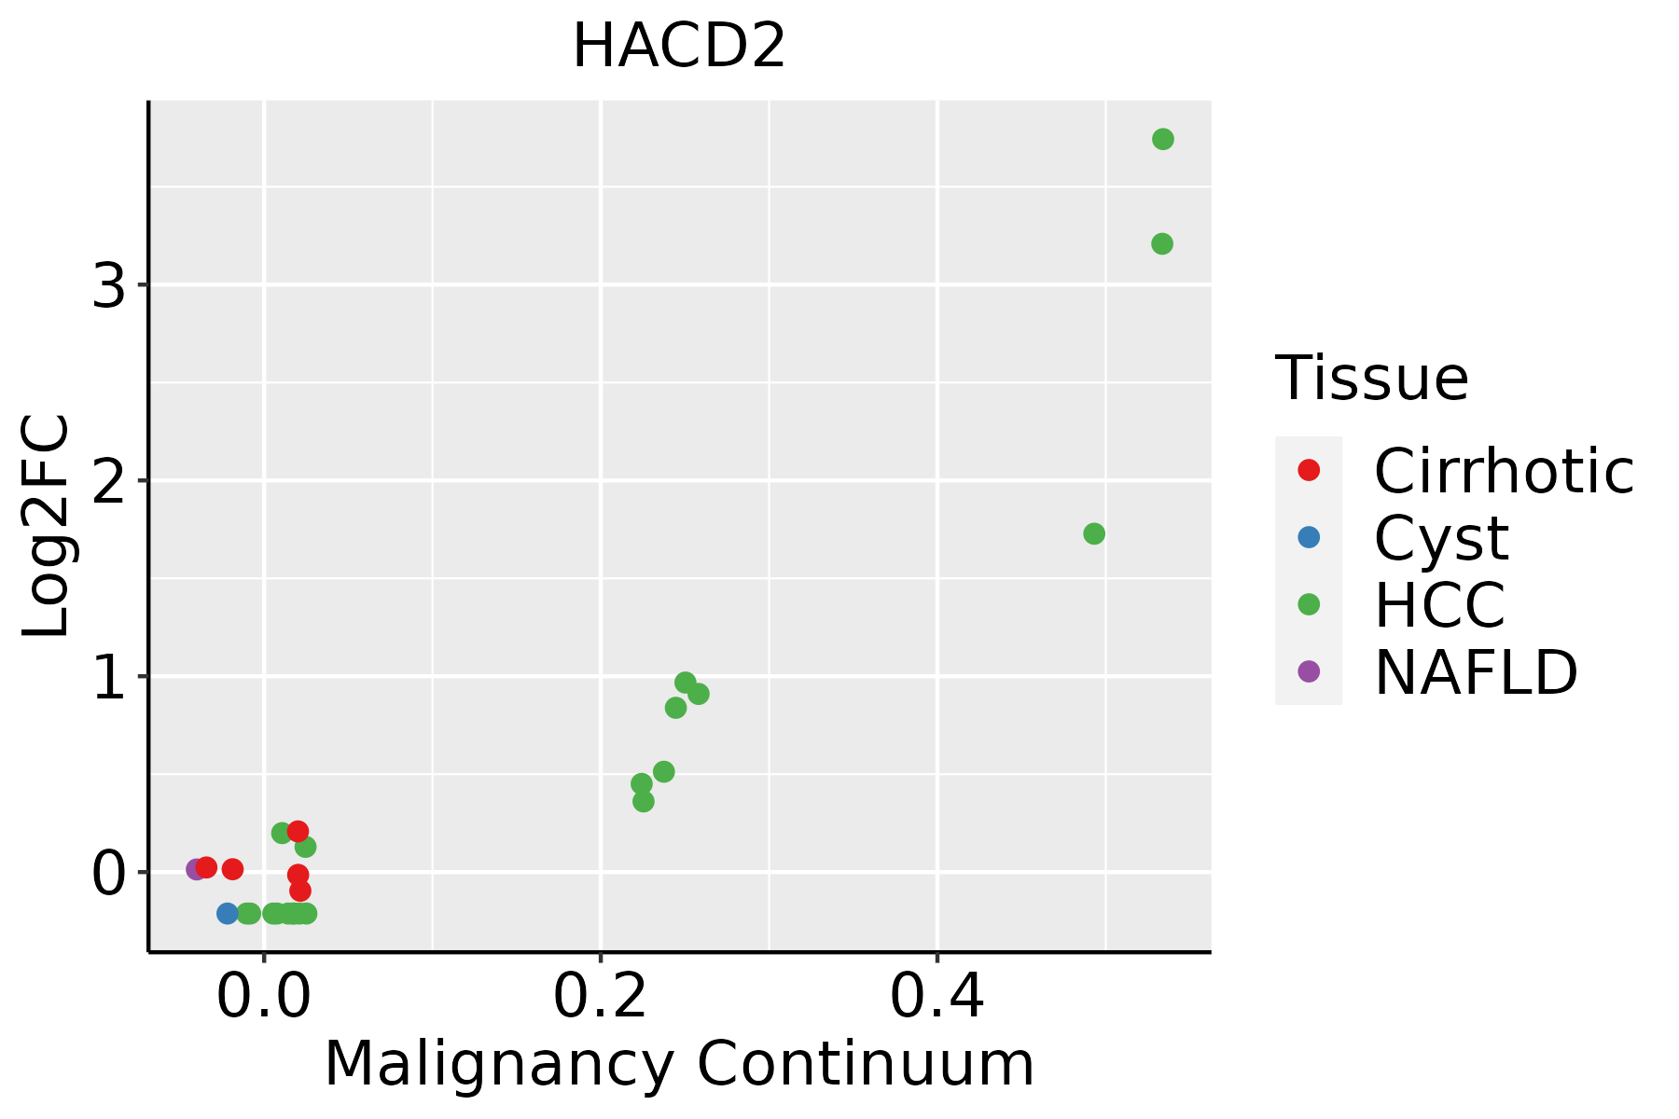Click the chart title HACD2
(x=679, y=47)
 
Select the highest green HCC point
(x=1162, y=139)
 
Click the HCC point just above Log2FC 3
(x=1161, y=244)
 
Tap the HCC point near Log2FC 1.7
(x=1094, y=533)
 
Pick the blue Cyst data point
(x=228, y=913)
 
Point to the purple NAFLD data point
(x=196, y=869)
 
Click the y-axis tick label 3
(x=109, y=285)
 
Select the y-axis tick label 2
(x=109, y=481)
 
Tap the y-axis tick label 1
(x=109, y=677)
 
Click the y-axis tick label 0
(x=109, y=874)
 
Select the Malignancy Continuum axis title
(x=679, y=1064)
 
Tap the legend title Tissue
(x=1371, y=379)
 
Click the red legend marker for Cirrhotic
(x=1309, y=470)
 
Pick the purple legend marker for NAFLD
(x=1309, y=670)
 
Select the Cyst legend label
(x=1441, y=538)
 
